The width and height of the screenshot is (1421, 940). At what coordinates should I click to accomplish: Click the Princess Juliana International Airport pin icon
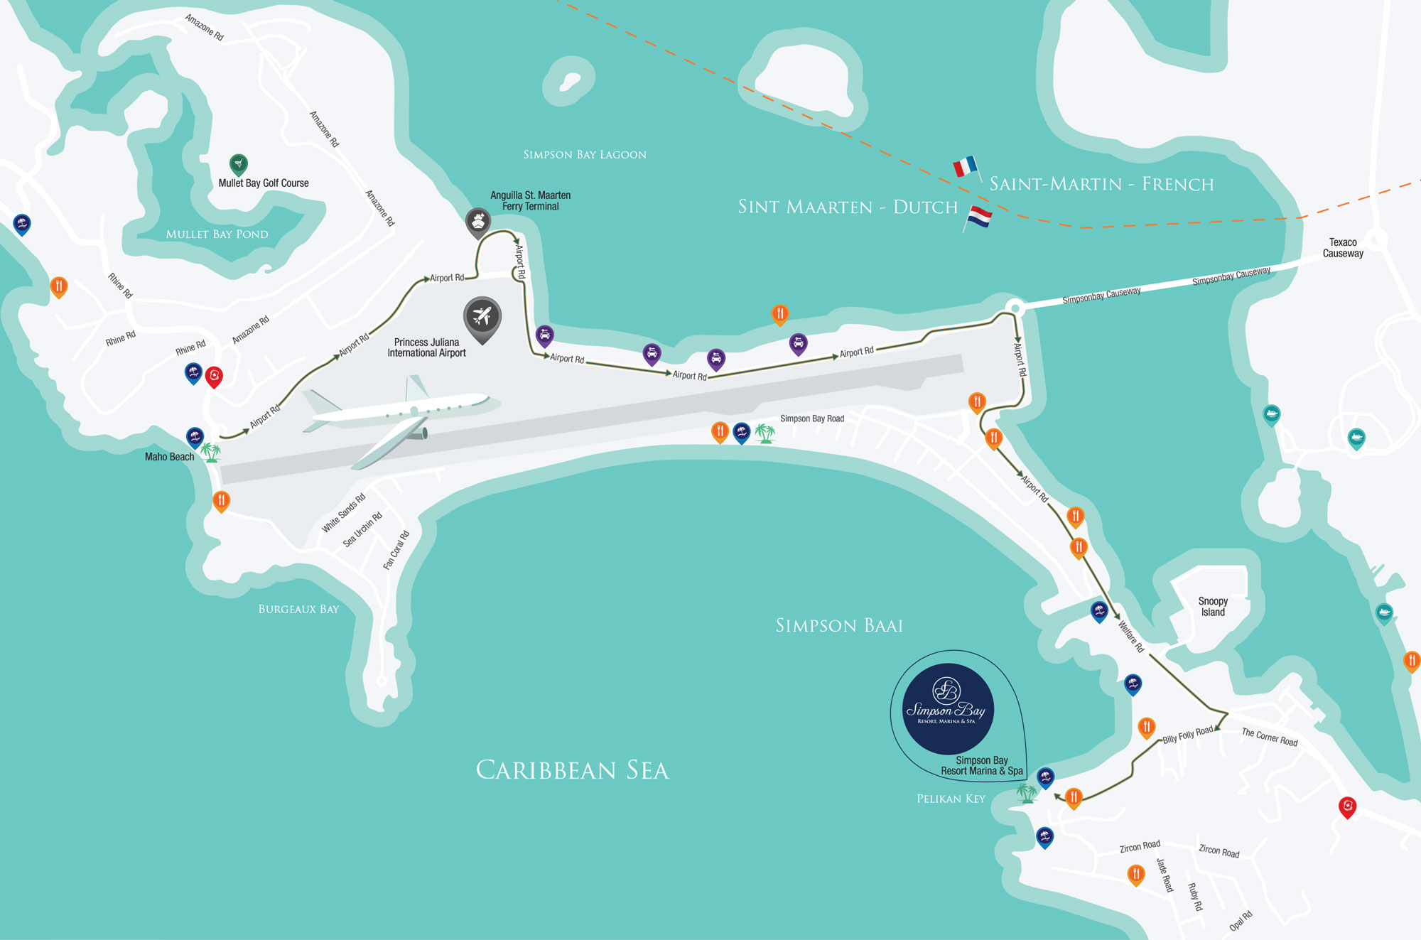(482, 317)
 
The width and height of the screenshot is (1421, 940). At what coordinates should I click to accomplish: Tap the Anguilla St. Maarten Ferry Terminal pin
(478, 222)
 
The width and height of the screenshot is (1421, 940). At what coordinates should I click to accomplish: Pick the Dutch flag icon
(978, 217)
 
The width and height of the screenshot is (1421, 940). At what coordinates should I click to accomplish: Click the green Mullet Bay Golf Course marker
(239, 164)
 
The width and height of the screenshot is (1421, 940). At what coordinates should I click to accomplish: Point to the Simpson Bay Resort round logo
(948, 709)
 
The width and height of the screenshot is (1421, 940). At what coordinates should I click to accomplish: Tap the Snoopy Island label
(1213, 607)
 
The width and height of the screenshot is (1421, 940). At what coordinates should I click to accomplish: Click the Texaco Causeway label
(1343, 248)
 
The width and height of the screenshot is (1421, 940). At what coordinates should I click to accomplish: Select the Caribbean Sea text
(572, 770)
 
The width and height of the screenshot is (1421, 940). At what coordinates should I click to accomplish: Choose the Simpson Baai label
(839, 626)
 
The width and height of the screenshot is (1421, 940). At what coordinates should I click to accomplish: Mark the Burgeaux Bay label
(298, 609)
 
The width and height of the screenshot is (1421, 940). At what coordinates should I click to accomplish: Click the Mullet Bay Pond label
(217, 234)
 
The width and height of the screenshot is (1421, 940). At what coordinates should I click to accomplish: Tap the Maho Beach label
(169, 457)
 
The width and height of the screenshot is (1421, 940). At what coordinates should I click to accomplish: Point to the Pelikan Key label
(951, 799)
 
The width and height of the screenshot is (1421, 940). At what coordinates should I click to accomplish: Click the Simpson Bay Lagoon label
(585, 155)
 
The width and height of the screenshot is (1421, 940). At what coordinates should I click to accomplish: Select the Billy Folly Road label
(1187, 735)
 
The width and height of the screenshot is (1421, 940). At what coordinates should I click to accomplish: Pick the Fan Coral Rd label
(396, 550)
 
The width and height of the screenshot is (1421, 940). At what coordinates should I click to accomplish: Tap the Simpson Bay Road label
(812, 418)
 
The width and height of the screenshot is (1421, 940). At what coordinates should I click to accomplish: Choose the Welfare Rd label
(1131, 637)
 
